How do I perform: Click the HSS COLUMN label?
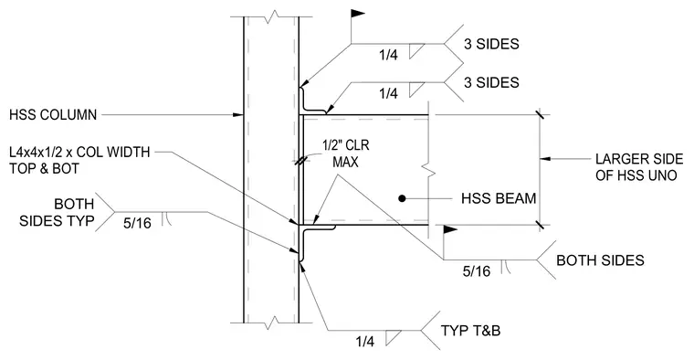point(53,115)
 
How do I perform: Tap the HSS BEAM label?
point(499,198)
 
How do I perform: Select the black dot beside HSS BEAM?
point(402,198)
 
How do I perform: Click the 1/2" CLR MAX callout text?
point(346,154)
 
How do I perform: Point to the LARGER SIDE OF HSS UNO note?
point(638,167)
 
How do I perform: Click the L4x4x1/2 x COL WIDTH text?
point(79,152)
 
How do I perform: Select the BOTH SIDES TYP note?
point(57,212)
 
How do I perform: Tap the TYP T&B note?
point(470,331)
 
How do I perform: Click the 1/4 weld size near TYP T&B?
point(364,341)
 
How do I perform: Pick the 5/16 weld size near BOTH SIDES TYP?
point(137,223)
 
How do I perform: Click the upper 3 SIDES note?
point(491,44)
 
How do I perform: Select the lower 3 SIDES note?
point(491,82)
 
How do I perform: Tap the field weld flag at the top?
point(358,14)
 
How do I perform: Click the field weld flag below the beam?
point(449,229)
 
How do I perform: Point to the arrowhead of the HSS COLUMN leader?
point(238,115)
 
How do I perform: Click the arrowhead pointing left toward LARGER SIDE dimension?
point(545,158)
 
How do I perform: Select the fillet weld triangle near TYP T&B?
point(392,337)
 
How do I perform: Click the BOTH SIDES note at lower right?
point(600,259)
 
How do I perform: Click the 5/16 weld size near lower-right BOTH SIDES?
point(477,271)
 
